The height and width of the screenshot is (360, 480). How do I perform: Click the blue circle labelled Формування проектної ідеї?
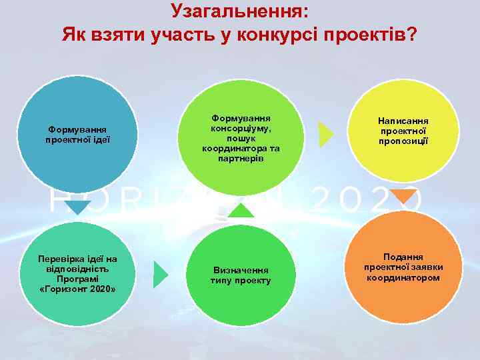[78, 133]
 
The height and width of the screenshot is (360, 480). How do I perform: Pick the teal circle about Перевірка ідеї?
[78, 273]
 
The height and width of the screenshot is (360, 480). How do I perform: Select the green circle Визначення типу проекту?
[241, 275]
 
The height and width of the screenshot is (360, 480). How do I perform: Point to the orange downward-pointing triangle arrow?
[403, 196]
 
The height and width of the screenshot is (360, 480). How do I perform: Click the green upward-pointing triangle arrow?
[241, 209]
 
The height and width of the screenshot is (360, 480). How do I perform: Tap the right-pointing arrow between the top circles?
[326, 134]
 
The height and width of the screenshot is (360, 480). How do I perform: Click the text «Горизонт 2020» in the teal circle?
[78, 289]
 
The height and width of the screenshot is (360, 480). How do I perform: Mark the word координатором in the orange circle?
[403, 277]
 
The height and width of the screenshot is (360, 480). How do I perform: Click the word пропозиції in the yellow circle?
[403, 141]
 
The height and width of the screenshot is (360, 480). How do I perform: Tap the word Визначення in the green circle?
[241, 270]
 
